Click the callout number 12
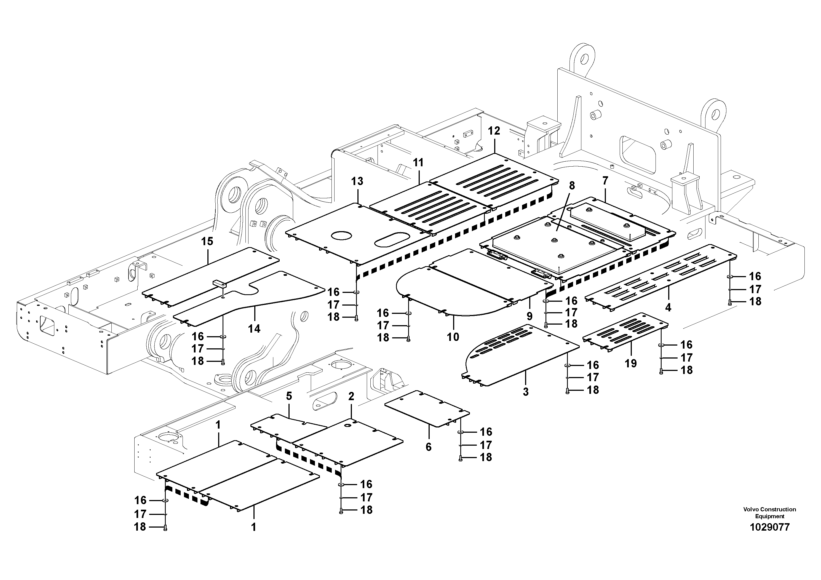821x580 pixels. tap(494, 131)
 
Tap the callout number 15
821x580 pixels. tap(207, 241)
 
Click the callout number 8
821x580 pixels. tap(572, 185)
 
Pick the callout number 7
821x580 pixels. tap(605, 181)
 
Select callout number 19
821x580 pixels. tap(631, 363)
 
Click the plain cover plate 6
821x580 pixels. tap(427, 408)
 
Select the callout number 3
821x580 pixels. tap(526, 392)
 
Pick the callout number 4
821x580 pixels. tap(668, 307)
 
